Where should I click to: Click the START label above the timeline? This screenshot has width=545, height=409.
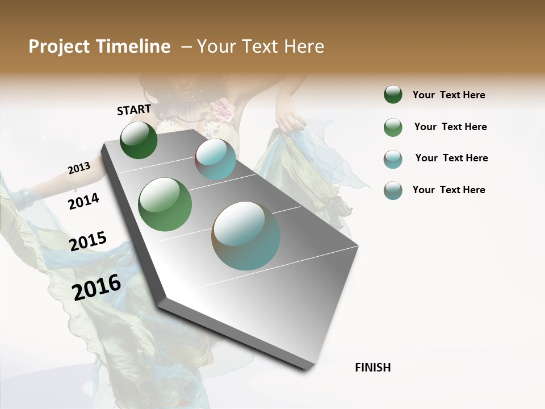pos(134,110)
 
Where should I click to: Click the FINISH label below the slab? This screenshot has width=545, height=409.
pos(372,368)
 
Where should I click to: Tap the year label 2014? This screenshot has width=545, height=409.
pos(83,201)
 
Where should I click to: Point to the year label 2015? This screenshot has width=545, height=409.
pos(88,241)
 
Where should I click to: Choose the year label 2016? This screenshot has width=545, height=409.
pos(97,287)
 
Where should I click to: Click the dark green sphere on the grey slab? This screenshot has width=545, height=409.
pos(139,140)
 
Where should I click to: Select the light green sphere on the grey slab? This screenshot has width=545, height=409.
pos(165,204)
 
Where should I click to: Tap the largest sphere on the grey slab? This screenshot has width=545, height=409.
pos(246,236)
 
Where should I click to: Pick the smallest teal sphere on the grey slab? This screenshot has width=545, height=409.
pos(216,159)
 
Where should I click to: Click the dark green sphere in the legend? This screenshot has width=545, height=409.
pos(393,95)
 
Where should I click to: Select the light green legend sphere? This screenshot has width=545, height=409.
pos(393,127)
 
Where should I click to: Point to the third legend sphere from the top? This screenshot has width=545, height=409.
pos(393,159)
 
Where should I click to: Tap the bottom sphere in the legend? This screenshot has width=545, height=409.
pos(393,190)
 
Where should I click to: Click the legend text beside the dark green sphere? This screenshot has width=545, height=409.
pos(448,95)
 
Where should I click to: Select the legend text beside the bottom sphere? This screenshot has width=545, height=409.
pos(448,190)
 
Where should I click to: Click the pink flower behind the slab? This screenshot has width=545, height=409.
pos(223,110)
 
